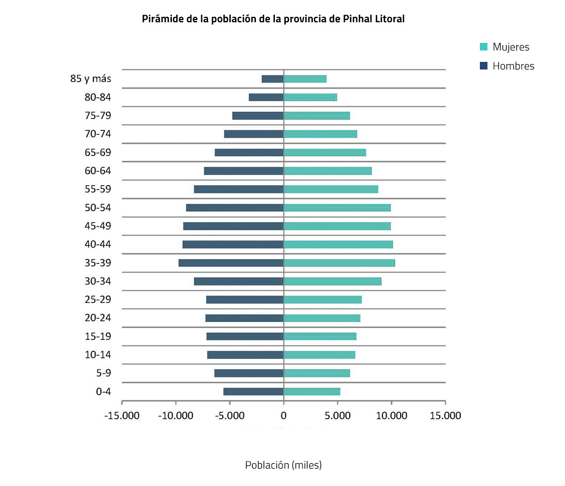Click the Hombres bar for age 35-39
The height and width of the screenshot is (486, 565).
[x=231, y=263]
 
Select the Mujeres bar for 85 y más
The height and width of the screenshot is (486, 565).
[x=305, y=79]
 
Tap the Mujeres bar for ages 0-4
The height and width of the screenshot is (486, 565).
[x=312, y=392]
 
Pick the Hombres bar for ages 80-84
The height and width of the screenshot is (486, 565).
[x=266, y=97]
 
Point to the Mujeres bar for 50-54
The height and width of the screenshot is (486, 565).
[x=337, y=207]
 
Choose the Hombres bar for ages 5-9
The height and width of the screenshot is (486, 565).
[x=249, y=373]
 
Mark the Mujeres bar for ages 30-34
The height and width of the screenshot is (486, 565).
[x=332, y=281]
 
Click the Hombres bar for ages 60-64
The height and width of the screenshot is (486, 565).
[x=243, y=171]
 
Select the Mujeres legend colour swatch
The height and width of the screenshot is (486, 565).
[x=484, y=47]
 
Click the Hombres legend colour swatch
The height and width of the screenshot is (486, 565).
[x=484, y=66]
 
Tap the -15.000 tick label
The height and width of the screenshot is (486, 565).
[x=121, y=415]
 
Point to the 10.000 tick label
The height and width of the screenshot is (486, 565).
[x=391, y=415]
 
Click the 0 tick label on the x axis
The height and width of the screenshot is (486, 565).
[x=284, y=415]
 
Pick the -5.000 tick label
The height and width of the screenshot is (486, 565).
[x=229, y=415]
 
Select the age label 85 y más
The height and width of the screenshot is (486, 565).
[x=91, y=79]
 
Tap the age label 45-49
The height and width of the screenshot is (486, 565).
[x=98, y=226]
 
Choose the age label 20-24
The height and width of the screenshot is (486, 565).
[x=98, y=318]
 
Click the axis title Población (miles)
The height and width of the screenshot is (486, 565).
[x=283, y=465]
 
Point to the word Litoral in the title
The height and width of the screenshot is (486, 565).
[x=388, y=19]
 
